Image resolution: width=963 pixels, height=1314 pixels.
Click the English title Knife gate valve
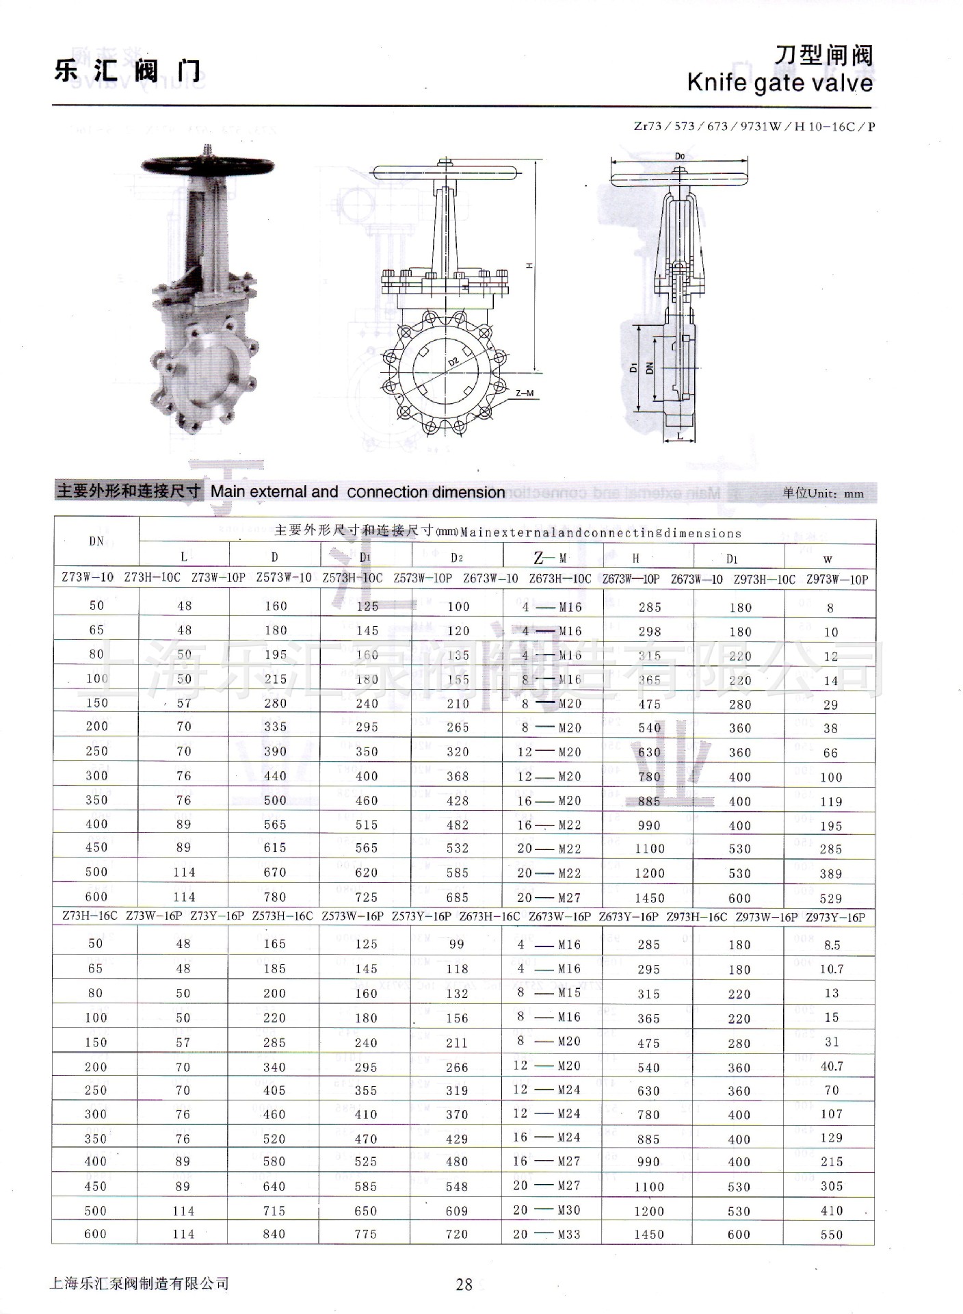point(780,83)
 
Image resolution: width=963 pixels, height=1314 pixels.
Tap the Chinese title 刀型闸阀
point(823,55)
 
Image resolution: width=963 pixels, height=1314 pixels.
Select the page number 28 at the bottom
point(464,1285)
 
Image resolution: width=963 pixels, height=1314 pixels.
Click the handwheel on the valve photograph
point(207,165)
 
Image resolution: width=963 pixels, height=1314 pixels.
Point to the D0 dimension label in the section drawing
point(679,157)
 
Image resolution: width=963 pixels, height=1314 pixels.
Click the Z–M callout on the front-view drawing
point(525,394)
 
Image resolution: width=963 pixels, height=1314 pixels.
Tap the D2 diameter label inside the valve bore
point(453,362)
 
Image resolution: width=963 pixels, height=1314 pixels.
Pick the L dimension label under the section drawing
point(680,436)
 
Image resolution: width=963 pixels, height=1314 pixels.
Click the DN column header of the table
point(96,541)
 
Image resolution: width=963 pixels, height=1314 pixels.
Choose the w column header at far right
point(828,559)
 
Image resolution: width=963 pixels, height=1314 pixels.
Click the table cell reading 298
point(649,631)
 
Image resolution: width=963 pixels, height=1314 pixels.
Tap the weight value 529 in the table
point(830,898)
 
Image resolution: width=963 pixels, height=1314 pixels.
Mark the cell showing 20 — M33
point(546,1234)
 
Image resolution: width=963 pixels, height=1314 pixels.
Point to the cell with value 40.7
point(832,1066)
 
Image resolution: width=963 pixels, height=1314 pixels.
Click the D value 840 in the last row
point(274,1234)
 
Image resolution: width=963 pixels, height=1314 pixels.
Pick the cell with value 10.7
point(831,969)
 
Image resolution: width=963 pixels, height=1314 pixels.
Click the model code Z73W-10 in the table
point(88,578)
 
